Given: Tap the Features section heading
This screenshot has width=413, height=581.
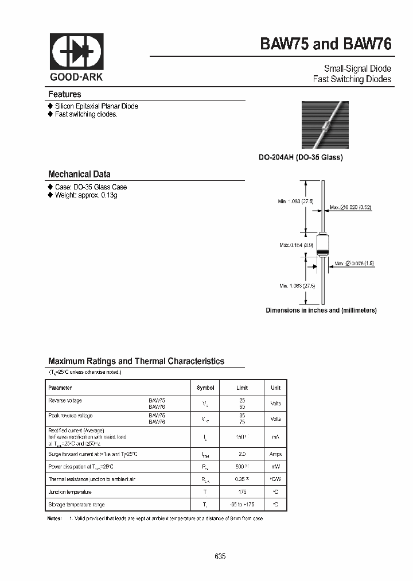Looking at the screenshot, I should click(65, 94).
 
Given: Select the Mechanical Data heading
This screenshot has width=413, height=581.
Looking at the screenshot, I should click(79, 174).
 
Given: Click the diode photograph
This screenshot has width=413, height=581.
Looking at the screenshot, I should click(325, 125).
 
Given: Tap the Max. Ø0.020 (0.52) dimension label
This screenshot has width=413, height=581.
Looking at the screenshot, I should click(350, 207).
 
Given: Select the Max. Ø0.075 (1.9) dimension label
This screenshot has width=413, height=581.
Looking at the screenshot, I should click(354, 263).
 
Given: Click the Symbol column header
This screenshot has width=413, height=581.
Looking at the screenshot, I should click(205, 388).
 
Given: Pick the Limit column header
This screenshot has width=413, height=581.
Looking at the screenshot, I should click(242, 388).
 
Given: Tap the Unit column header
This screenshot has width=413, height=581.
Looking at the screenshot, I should click(275, 388).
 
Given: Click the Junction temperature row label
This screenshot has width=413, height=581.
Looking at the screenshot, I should click(70, 491).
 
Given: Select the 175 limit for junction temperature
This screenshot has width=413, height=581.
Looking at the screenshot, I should click(242, 491).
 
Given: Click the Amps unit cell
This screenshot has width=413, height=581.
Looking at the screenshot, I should click(275, 454).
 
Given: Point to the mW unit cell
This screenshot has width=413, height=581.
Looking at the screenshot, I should click(275, 467).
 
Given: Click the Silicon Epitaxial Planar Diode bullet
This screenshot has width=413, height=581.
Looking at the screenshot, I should click(96, 106).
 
